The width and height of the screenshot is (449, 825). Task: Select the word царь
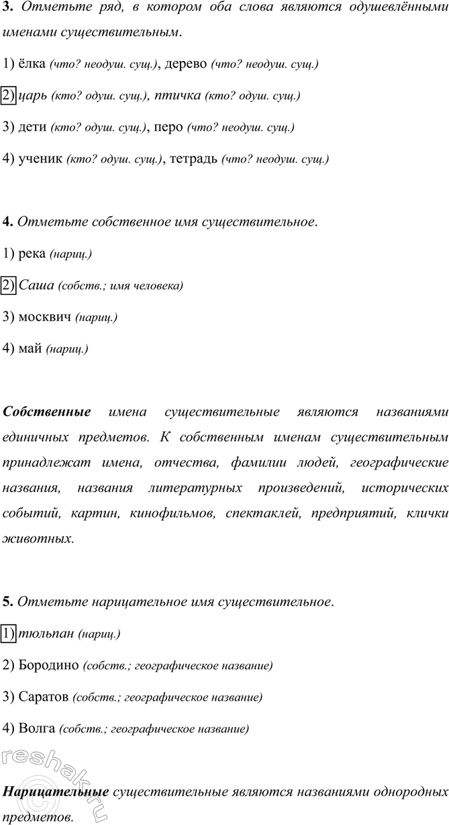coord(34,95)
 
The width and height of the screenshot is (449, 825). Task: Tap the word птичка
coord(177,95)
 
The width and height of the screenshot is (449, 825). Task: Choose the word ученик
coord(41,159)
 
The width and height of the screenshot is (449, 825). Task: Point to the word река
coord(32,254)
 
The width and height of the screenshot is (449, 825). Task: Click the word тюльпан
coord(47,634)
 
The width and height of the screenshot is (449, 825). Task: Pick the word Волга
coord(38,728)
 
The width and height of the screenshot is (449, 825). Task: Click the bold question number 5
coord(7,601)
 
